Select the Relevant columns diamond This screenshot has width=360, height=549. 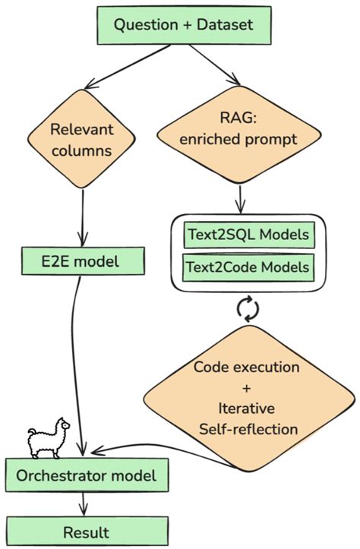pyautogui.click(x=81, y=140)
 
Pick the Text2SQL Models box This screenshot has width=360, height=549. pyautogui.click(x=248, y=236)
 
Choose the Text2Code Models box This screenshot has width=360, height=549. pyautogui.click(x=248, y=267)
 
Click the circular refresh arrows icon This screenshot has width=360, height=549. pyautogui.click(x=248, y=308)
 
